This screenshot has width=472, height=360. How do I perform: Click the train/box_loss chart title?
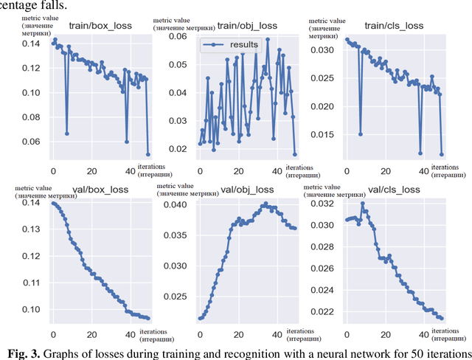click(100, 26)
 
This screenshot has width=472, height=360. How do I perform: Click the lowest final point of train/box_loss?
click(148, 154)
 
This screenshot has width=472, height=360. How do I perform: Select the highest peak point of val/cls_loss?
click(363, 204)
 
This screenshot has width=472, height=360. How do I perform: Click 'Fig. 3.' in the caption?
click(24, 351)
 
